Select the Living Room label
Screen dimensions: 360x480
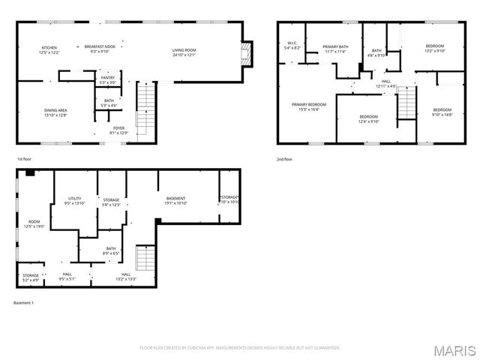[x=185, y=51]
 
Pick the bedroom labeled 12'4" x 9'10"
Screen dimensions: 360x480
[x=368, y=118]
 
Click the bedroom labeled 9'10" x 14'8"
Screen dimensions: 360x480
[x=442, y=112]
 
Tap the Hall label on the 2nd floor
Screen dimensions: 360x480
[x=385, y=83]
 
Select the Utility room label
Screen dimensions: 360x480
[x=74, y=200]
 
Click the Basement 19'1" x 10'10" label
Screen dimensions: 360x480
[x=175, y=200]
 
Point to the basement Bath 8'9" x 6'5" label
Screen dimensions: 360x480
[x=111, y=250]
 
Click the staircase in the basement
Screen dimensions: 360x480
[x=145, y=259]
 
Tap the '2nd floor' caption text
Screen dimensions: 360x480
[x=284, y=159]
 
